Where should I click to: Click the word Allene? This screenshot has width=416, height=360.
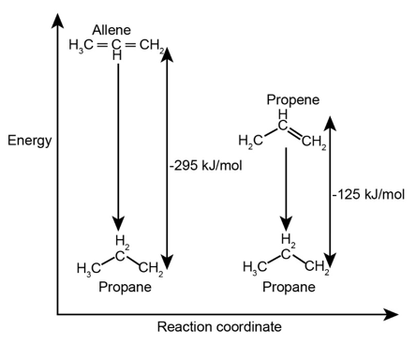pyautogui.click(x=111, y=31)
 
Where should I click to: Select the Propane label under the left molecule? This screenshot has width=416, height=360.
pyautogui.click(x=125, y=287)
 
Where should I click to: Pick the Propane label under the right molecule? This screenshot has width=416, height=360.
pyautogui.click(x=288, y=287)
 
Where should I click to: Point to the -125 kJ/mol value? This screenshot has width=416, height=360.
pyautogui.click(x=368, y=194)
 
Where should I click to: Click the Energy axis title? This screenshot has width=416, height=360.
pyautogui.click(x=29, y=141)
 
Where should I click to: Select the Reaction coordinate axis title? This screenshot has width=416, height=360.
pyautogui.click(x=219, y=327)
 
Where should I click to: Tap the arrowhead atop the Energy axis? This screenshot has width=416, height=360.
pyautogui.click(x=58, y=18)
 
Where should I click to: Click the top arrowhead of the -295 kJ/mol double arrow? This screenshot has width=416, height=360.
pyautogui.click(x=167, y=53)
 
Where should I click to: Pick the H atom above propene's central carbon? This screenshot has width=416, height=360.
pyautogui.click(x=283, y=113)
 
